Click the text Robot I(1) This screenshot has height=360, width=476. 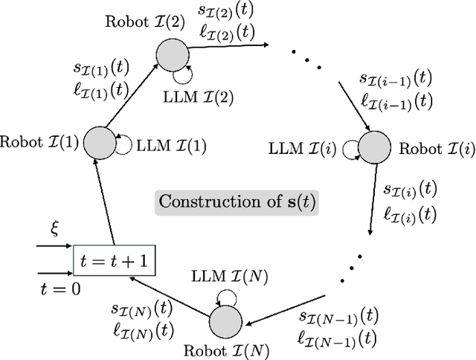39,141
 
